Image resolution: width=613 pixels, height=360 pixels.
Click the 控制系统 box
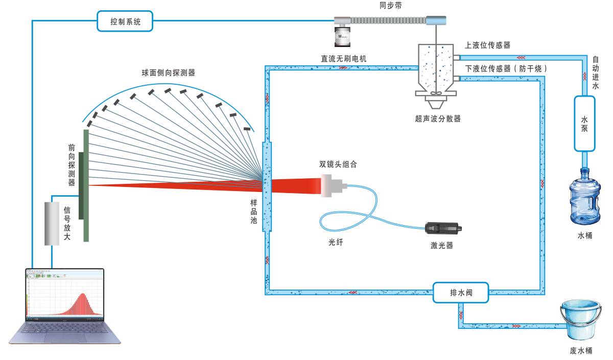(125, 21)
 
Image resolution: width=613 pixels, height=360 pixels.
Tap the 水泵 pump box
(584, 123)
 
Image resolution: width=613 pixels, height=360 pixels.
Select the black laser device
(442, 229)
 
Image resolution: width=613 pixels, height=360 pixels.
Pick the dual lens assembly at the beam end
(333, 185)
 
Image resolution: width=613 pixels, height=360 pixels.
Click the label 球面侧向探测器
(169, 73)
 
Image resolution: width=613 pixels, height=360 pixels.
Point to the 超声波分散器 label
(438, 118)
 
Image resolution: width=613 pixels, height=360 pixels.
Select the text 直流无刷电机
(343, 59)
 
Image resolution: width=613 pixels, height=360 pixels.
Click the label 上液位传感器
(487, 45)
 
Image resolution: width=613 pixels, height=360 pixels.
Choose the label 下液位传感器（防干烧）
(506, 68)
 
